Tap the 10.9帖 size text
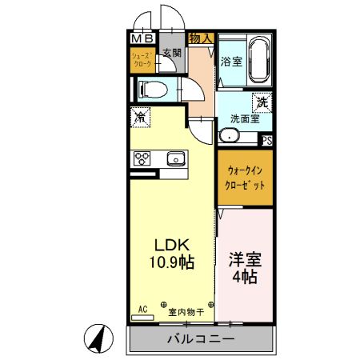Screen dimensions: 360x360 point(170,262)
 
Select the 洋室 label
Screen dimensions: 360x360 point(244,260)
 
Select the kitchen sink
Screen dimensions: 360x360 point(175,159)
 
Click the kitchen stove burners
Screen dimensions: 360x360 point(142,158)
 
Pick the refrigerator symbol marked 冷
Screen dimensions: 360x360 point(141,117)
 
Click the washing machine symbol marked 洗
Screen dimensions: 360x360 point(261,102)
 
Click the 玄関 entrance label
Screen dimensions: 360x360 point(171,54)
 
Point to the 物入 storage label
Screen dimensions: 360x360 point(200,38)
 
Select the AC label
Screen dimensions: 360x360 point(143,307)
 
